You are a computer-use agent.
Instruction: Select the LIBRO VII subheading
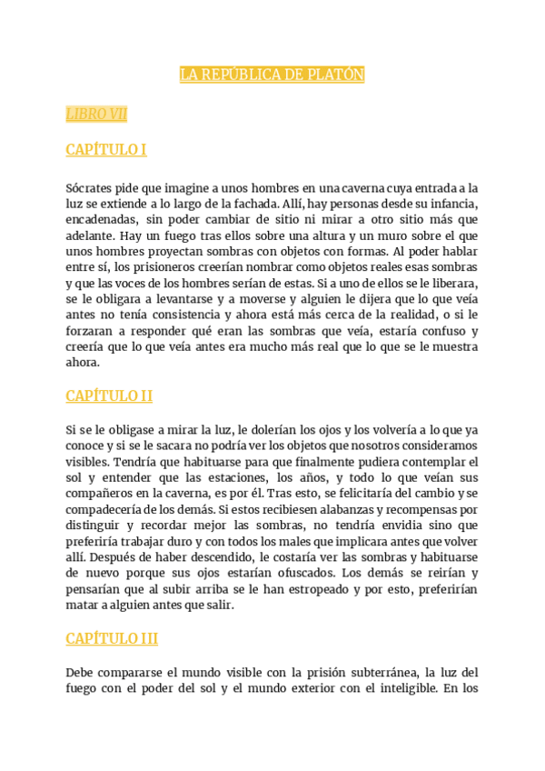coord(96,114)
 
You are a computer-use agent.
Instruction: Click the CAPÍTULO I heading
coord(106,149)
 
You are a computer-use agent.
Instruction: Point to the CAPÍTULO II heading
coord(109,396)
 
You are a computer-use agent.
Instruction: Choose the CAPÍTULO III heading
coord(112,638)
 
